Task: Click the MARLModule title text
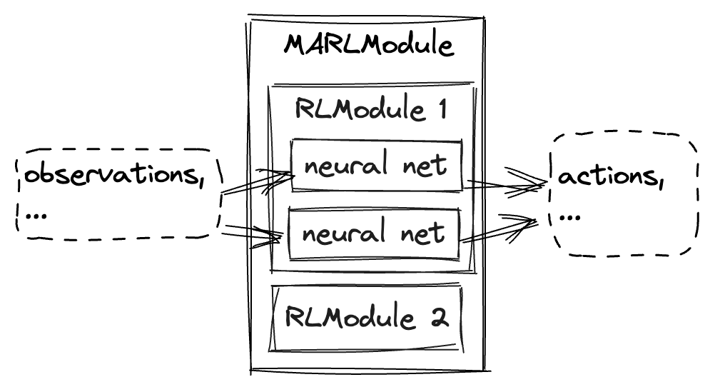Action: coord(368,45)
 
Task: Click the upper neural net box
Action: coord(376,166)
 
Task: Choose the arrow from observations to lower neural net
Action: coord(250,233)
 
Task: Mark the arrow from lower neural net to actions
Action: coord(500,231)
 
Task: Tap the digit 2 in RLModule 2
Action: coord(440,318)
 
